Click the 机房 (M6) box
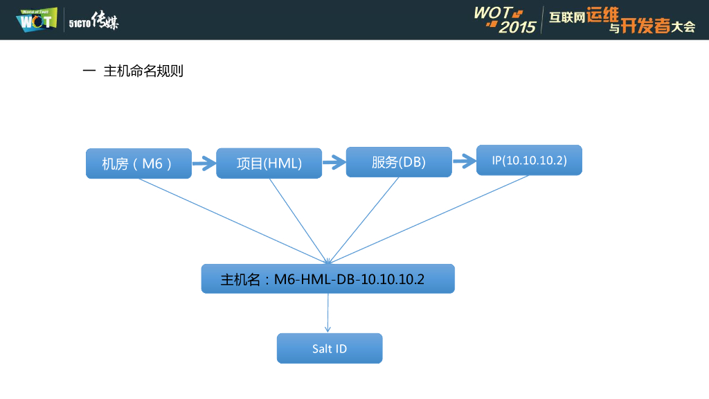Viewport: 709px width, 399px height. click(x=138, y=163)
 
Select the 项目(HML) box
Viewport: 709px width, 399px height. click(x=269, y=163)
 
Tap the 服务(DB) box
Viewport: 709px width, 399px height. click(x=399, y=162)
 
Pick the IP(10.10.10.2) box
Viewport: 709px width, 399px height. click(x=529, y=160)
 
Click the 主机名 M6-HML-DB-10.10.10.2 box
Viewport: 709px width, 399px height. click(x=327, y=279)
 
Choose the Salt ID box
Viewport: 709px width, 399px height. click(x=330, y=348)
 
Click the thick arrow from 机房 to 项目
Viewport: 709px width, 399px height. click(x=204, y=164)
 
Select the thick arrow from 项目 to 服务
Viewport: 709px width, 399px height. click(x=334, y=163)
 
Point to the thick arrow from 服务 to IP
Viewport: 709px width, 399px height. click(x=464, y=163)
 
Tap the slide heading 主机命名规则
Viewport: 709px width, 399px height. click(x=143, y=71)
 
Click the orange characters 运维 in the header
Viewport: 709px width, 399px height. click(x=604, y=15)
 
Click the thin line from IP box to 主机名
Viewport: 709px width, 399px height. click(x=429, y=219)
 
